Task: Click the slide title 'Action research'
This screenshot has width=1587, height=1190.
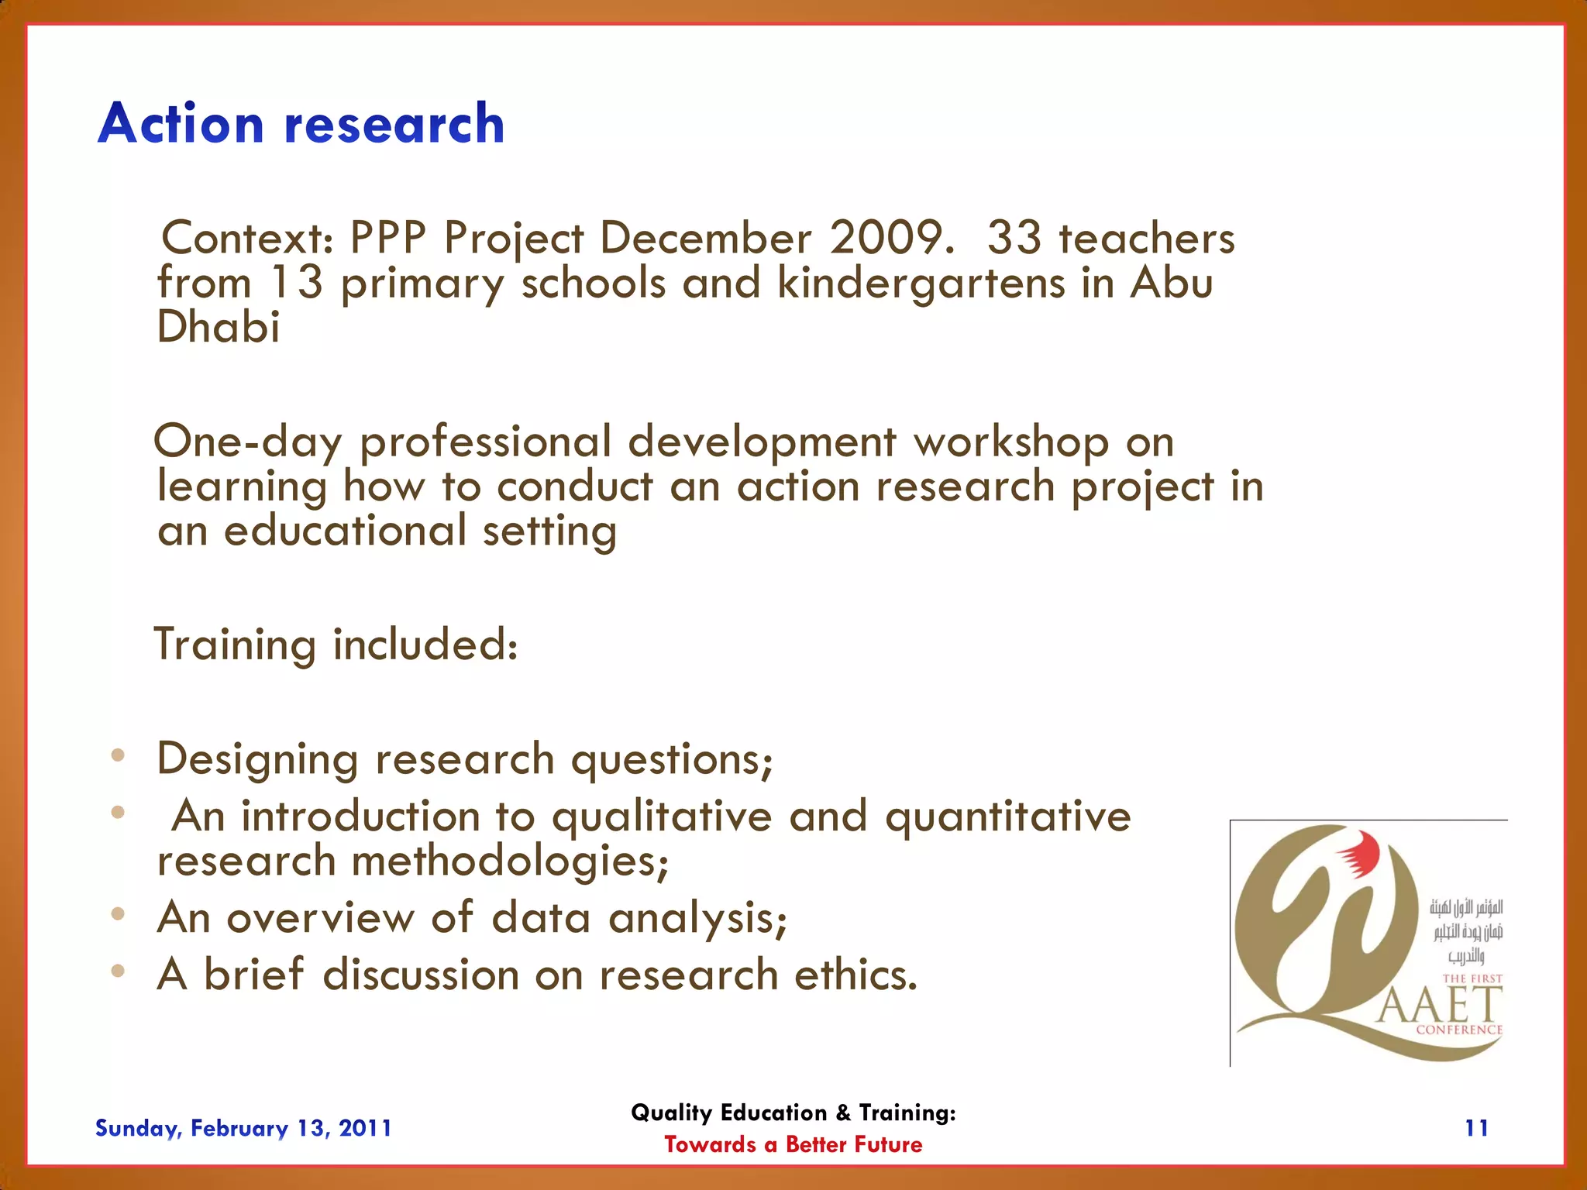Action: [301, 124]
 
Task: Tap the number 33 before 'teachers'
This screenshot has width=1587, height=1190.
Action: [1014, 238]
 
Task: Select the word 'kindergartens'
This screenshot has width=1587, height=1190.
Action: [921, 284]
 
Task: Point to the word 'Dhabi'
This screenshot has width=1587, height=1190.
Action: [218, 327]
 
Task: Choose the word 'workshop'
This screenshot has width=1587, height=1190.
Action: [1010, 443]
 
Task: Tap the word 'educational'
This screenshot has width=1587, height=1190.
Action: [345, 531]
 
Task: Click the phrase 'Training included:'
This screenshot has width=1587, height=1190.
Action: [336, 645]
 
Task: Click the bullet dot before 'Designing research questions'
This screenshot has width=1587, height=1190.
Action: [118, 755]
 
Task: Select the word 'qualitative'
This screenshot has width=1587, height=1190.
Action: [662, 817]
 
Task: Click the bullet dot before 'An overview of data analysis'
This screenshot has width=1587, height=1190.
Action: [118, 914]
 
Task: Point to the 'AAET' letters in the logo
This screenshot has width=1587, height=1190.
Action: [1440, 1006]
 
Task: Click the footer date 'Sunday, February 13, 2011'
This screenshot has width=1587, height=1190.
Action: [243, 1128]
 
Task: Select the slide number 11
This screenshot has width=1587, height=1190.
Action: [1476, 1128]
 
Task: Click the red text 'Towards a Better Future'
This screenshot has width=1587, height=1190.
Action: [793, 1144]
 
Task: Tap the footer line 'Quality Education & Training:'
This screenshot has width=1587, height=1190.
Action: [793, 1113]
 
